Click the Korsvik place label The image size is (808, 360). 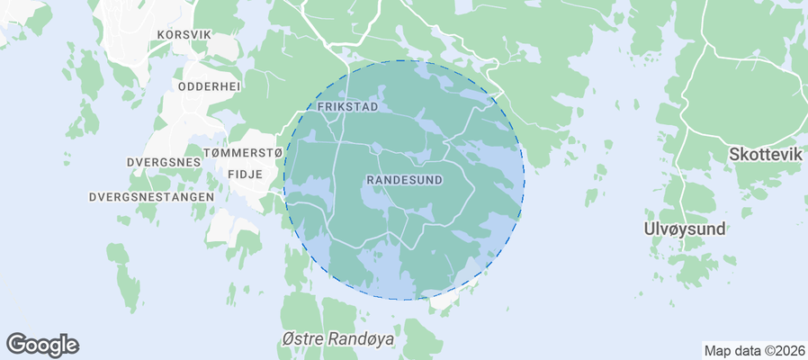pyautogui.click(x=184, y=34)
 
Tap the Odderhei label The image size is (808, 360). pyautogui.click(x=209, y=86)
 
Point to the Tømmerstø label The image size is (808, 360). pyautogui.click(x=244, y=153)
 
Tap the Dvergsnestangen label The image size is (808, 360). pyautogui.click(x=151, y=196)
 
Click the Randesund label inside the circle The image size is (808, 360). pyautogui.click(x=405, y=180)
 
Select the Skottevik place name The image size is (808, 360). pyautogui.click(x=766, y=155)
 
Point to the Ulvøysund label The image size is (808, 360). pyautogui.click(x=685, y=229)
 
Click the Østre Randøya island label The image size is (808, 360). pyautogui.click(x=337, y=338)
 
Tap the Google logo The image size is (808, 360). pyautogui.click(x=42, y=345)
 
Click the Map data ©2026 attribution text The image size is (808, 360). pyautogui.click(x=753, y=351)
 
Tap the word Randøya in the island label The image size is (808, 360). pyautogui.click(x=358, y=338)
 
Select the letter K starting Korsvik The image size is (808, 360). pyautogui.click(x=160, y=34)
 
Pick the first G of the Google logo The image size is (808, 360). pyautogui.click(x=17, y=344)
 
